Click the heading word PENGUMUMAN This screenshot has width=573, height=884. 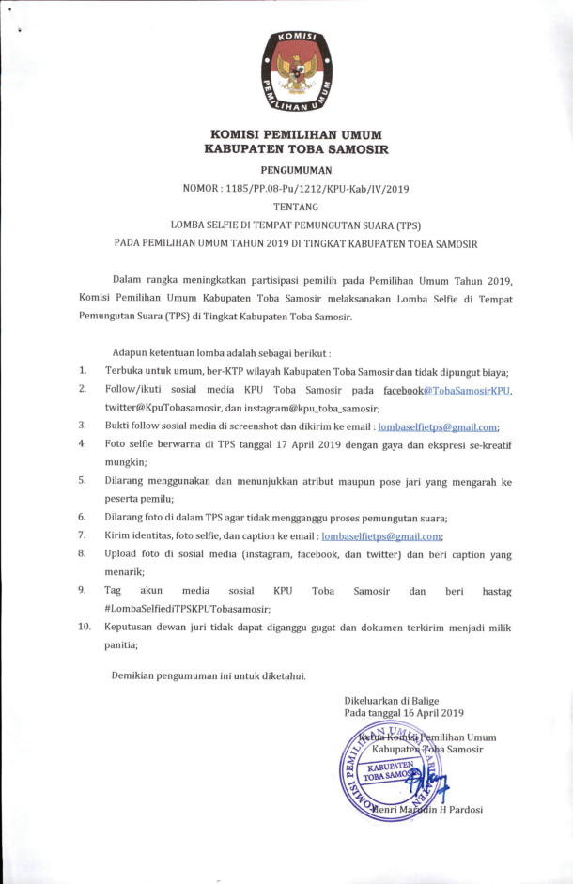296,170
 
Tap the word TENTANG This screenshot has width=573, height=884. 296,207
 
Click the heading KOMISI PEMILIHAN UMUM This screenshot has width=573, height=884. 296,134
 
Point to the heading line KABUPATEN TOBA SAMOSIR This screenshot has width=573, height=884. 296,148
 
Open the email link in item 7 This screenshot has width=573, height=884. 381,535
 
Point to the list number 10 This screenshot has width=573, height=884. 85,627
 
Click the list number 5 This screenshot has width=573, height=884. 83,480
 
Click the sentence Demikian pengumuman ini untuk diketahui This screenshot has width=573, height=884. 209,675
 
